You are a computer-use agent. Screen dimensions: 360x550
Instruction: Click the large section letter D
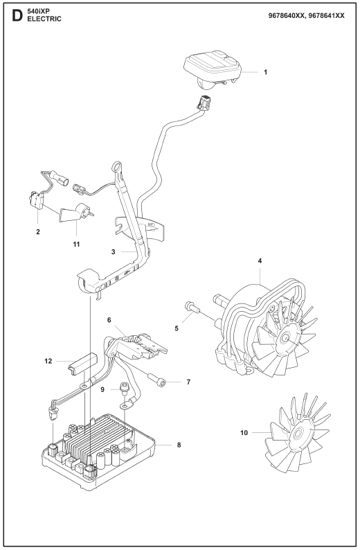(17, 15)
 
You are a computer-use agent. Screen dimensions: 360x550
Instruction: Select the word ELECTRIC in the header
(44, 19)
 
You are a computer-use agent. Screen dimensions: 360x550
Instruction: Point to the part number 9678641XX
(326, 16)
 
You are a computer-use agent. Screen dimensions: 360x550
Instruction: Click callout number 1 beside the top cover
(265, 72)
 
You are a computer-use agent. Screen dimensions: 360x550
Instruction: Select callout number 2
(38, 231)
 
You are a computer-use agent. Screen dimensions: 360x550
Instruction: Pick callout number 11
(76, 244)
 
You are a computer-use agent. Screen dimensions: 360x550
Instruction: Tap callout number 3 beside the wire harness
(114, 252)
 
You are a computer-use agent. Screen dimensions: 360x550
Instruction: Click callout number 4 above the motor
(260, 260)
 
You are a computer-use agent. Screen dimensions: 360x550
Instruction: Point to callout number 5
(177, 328)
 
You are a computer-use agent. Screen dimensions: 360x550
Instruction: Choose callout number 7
(188, 382)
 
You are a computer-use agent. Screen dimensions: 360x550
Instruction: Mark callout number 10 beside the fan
(244, 433)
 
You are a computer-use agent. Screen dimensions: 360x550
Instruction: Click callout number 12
(48, 361)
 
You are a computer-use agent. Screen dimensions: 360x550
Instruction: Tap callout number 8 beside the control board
(179, 445)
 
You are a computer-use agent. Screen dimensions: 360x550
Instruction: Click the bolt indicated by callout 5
(192, 307)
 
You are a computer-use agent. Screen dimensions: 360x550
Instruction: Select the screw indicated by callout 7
(156, 380)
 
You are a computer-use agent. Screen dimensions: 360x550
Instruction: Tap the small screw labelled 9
(124, 388)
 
